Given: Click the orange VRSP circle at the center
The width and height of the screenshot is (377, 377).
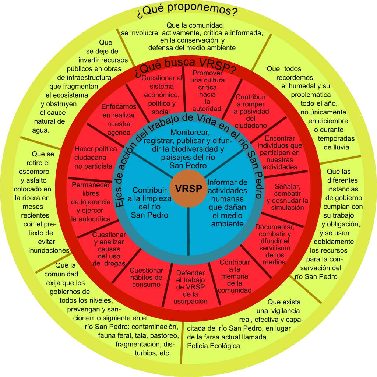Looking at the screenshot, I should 188,188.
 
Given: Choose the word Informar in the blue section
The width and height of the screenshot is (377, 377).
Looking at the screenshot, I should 228,183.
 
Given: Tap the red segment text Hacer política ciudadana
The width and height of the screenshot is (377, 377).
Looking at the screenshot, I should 96,157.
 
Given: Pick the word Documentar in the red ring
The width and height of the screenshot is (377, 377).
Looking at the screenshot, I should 275,227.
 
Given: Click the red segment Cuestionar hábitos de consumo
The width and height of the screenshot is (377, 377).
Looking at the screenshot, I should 146,277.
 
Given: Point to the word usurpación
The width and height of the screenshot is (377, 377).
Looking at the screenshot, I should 190,301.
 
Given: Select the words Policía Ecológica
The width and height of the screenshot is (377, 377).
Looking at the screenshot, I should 214,346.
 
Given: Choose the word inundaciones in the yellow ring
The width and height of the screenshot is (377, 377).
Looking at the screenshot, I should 49,250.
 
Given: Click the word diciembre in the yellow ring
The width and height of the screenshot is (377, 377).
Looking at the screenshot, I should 328,121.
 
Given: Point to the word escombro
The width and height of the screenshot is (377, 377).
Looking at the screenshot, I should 35,172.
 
